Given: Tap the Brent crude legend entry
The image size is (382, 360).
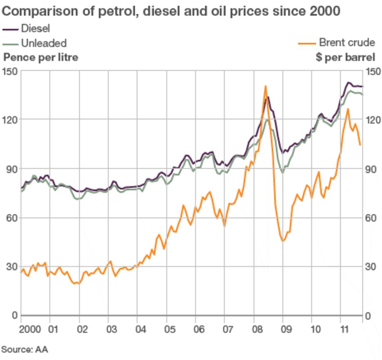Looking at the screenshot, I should [337, 43].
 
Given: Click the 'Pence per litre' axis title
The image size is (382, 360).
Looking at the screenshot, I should [41, 57].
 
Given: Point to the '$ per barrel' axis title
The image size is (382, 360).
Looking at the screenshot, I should [345, 57].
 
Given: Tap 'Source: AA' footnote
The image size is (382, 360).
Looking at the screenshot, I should [24, 349].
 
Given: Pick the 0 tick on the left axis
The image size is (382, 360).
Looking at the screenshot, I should [14, 316].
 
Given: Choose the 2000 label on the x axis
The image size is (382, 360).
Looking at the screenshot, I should [30, 328].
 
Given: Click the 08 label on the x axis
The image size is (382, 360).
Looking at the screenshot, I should [254, 328].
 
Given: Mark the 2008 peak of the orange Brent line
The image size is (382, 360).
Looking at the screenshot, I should [265, 86].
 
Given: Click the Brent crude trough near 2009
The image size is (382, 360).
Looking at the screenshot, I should [283, 241].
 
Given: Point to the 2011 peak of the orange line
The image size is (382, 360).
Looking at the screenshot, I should [348, 109].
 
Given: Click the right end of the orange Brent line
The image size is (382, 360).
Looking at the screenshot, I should [360, 145].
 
